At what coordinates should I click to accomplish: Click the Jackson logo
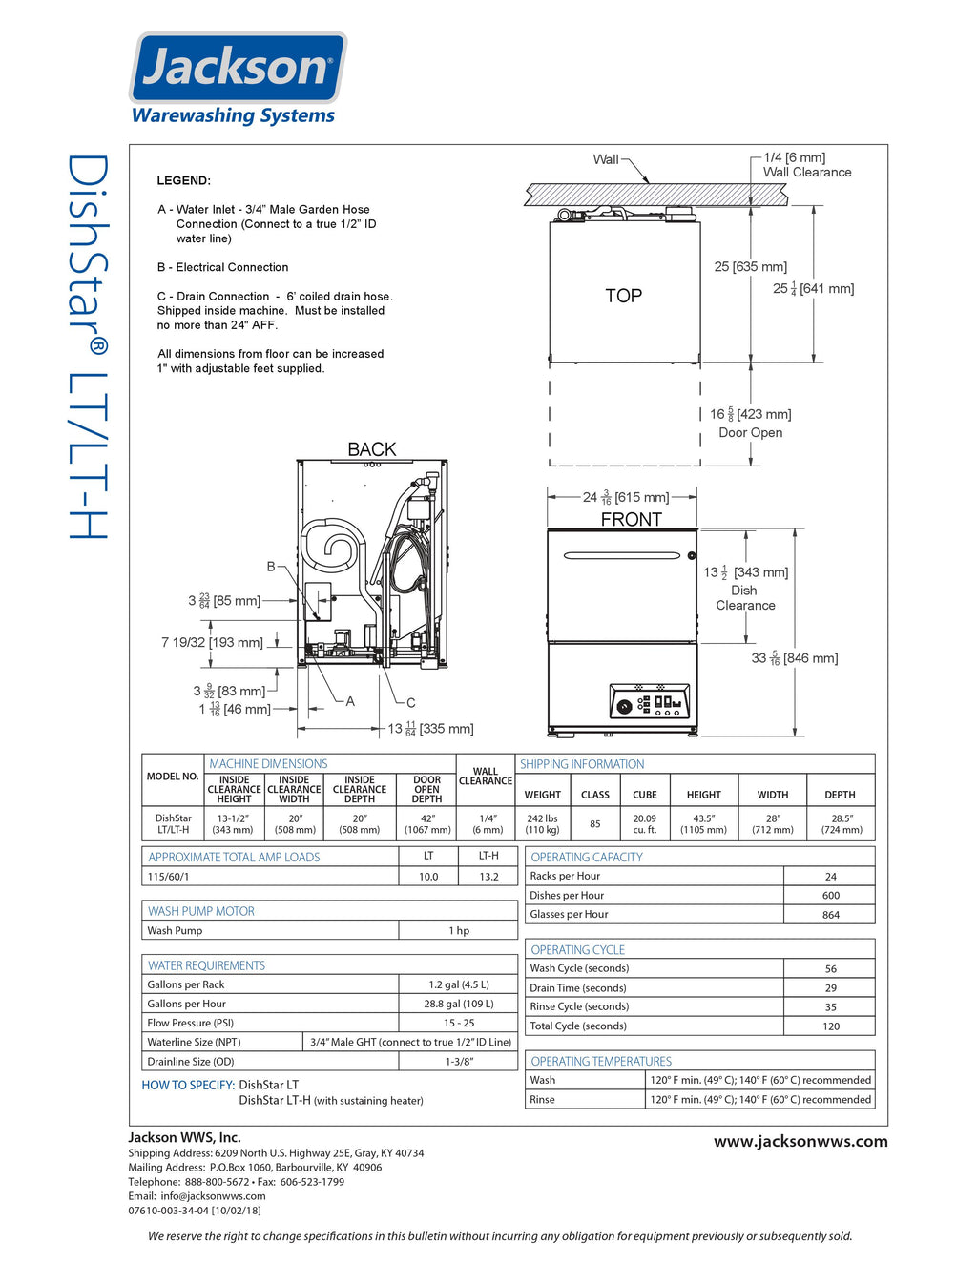click(238, 69)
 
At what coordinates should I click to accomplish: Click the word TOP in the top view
click(623, 296)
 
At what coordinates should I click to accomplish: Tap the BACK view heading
click(371, 449)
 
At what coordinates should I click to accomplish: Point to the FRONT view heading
click(631, 519)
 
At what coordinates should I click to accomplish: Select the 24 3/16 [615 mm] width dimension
click(625, 497)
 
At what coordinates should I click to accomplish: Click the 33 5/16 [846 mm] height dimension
click(794, 658)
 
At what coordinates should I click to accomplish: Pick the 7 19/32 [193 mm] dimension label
click(212, 642)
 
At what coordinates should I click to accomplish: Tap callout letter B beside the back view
click(271, 567)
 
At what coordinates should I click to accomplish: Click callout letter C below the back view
click(411, 702)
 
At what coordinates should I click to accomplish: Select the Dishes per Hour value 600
click(830, 896)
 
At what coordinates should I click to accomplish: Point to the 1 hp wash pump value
click(459, 930)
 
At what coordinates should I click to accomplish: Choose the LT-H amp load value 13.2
click(488, 876)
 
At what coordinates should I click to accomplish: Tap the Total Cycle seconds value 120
click(830, 1026)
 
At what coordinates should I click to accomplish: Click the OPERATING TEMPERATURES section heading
click(601, 1061)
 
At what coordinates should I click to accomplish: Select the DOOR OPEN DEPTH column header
click(426, 789)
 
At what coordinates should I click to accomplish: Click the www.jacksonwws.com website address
click(800, 1141)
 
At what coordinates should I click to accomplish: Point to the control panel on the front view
click(649, 702)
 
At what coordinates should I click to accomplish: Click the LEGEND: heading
click(184, 180)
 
